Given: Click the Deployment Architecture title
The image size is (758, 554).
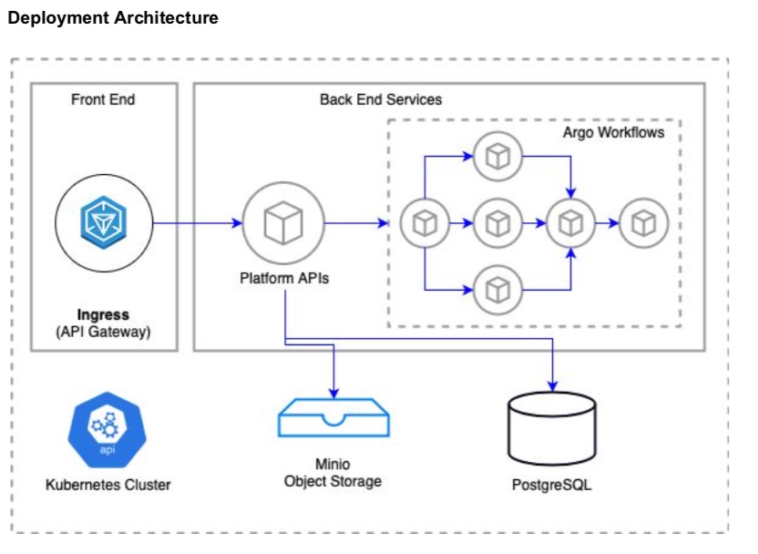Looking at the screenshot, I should pos(113,18).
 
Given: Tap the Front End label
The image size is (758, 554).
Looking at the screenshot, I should pos(103,99).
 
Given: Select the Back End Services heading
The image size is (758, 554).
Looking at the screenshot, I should pos(381,99).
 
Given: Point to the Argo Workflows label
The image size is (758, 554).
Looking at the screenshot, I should pos(613,133).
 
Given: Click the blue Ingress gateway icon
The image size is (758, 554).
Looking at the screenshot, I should pos(103,222).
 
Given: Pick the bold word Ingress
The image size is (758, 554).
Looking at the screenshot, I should pos(103,315).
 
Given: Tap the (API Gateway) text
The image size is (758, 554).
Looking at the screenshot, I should pos(103,333).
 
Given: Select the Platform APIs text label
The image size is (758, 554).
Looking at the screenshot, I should pos(284,279).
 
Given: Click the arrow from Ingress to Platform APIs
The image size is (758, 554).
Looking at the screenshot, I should pos(197,222).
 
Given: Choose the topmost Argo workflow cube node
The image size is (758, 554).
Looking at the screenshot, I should pos(497,156).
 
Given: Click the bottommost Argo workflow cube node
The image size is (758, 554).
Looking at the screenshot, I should pos(497,290).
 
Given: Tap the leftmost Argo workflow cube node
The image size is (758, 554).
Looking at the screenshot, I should pos(424,222).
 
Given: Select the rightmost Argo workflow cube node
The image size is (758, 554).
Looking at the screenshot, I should pos(644,222).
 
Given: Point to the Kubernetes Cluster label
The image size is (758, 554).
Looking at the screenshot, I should pos(108,484).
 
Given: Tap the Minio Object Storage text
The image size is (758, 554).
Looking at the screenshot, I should pos(333,472).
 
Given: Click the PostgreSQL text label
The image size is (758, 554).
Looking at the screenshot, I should pos(551,485).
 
